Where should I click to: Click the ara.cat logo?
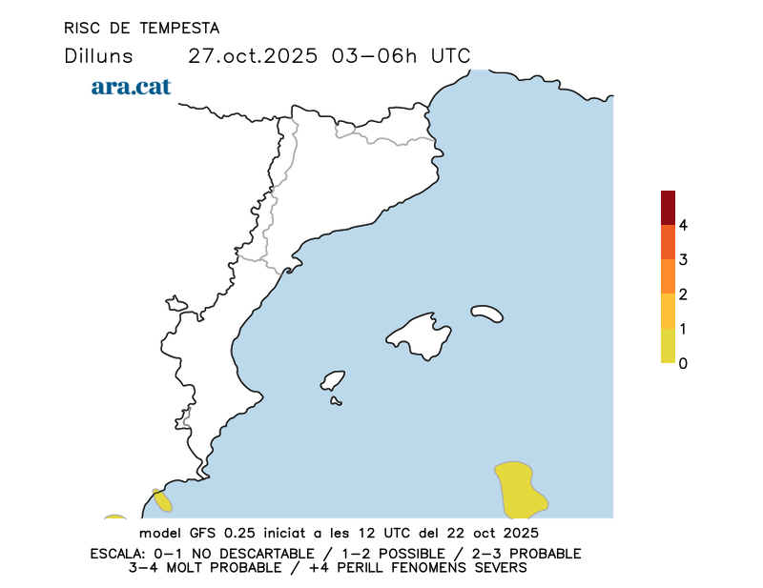coord(131,87)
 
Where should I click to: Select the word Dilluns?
coord(98,55)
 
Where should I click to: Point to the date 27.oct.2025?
coord(252,55)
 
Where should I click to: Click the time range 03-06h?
coord(374,55)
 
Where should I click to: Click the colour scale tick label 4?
coord(683,226)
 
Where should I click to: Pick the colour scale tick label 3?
coord(683,260)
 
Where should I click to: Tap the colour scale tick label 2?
coord(683,294)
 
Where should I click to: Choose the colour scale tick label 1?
coord(683,329)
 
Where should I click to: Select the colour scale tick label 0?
coord(683,363)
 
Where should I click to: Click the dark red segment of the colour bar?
coord(668,208)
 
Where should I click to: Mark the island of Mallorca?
coord(420,334)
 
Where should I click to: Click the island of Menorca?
coord(487,313)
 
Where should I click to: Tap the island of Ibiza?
coord(333,381)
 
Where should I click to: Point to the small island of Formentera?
coord(336,401)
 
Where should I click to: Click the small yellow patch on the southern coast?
coord(162,500)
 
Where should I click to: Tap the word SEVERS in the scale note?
coord(497,568)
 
